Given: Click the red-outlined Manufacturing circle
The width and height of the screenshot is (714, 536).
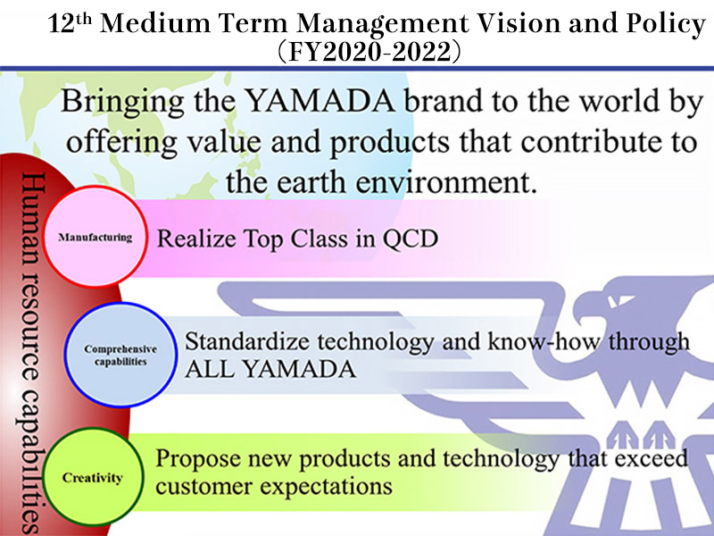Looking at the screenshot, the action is coord(95,237).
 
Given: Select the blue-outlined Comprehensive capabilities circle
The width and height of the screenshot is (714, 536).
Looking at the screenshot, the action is coord(120,355).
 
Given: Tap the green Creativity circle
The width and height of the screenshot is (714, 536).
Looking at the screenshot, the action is coord(93,477).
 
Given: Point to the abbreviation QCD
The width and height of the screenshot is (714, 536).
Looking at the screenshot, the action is coord(411,239).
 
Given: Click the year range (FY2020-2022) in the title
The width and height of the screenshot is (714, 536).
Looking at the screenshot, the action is coord(369,52).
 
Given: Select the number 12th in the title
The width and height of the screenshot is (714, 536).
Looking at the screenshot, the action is coord(70,23).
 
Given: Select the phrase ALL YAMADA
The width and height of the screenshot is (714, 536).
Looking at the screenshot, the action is coord(270,369).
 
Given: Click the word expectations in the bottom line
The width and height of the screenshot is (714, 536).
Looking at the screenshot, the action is coord(326,487).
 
